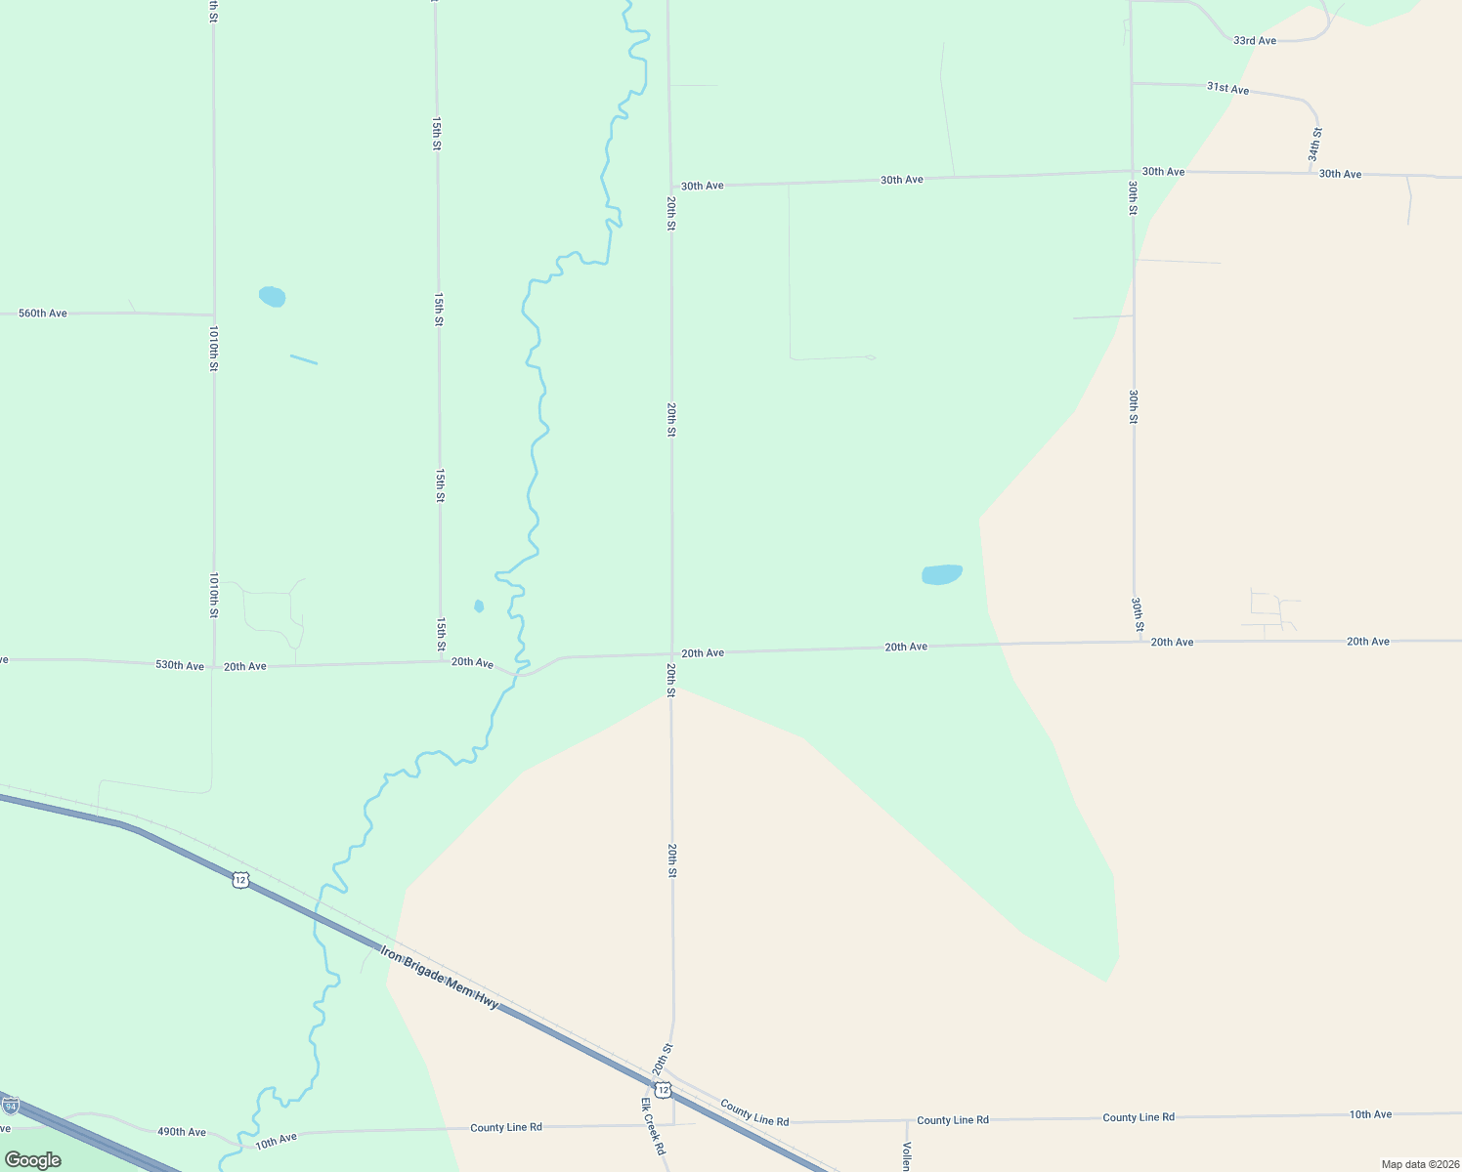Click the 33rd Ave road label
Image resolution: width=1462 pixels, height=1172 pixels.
(x=1255, y=41)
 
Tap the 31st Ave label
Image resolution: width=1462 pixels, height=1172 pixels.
(x=1227, y=88)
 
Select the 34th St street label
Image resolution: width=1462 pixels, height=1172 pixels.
(x=1316, y=144)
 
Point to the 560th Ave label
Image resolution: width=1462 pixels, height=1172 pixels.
(x=43, y=314)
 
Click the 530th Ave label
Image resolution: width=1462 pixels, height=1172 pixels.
(x=180, y=665)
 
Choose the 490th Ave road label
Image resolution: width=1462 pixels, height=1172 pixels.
(x=182, y=1132)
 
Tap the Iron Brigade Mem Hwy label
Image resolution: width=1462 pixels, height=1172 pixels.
(x=440, y=977)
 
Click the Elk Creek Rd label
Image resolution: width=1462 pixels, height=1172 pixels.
(x=653, y=1125)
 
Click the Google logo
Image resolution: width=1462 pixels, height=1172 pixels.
(x=32, y=1160)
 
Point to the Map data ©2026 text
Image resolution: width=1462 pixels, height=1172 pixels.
(x=1418, y=1164)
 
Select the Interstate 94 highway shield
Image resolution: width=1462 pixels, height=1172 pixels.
(x=11, y=1107)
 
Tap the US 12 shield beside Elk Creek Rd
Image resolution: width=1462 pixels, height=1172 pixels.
(x=664, y=1089)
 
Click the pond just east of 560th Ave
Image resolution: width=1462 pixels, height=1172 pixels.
(x=272, y=296)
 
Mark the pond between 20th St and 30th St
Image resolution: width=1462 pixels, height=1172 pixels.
(x=942, y=574)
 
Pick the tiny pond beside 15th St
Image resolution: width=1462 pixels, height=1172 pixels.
(x=479, y=607)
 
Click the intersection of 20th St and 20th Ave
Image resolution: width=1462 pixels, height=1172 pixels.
(x=671, y=653)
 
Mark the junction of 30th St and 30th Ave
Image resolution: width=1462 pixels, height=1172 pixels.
(x=1133, y=172)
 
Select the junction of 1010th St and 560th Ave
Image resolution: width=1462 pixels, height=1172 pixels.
(x=214, y=314)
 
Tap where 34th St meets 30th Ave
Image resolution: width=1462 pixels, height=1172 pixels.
(x=1311, y=174)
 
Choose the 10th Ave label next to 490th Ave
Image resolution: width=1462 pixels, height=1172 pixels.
(x=276, y=1139)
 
